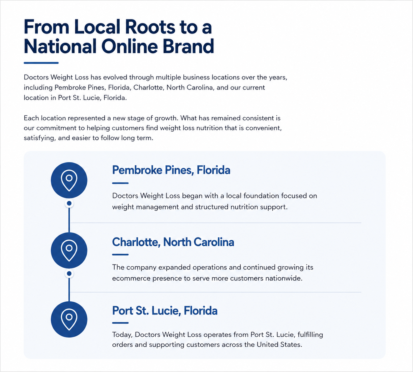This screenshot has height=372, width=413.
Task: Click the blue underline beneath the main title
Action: pyautogui.click(x=41, y=63)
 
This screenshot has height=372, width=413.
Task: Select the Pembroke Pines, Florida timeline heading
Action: pyautogui.click(x=171, y=170)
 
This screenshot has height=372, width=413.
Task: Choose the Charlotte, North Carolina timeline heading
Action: pyautogui.click(x=173, y=242)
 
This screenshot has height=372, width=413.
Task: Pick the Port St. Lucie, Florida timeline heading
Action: pyautogui.click(x=165, y=311)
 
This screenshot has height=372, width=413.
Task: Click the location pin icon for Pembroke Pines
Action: pyautogui.click(x=69, y=180)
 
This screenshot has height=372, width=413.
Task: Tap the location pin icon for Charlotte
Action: pyautogui.click(x=69, y=250)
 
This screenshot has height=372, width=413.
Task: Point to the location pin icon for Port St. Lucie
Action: pyautogui.click(x=69, y=319)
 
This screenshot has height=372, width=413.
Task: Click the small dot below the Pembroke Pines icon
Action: pyautogui.click(x=69, y=204)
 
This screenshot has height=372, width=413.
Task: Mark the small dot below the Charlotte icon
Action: pyautogui.click(x=69, y=274)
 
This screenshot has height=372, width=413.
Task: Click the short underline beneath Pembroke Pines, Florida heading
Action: pyautogui.click(x=120, y=183)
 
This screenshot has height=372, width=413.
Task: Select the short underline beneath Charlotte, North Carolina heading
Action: pyautogui.click(x=120, y=254)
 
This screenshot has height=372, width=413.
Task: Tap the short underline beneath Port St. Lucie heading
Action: pyautogui.click(x=120, y=323)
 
